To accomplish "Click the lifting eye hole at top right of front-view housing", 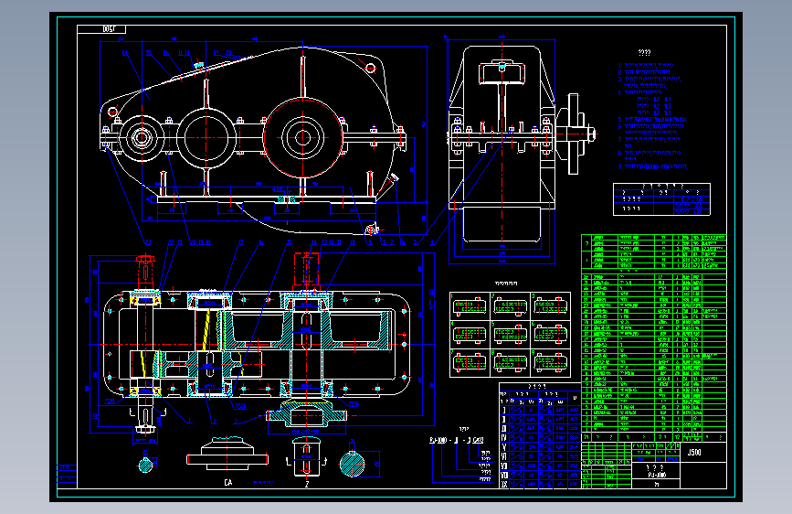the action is (369, 68).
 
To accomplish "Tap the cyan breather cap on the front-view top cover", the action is (198, 64).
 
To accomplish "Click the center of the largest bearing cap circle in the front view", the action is (301, 137).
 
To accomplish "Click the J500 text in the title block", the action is (694, 452).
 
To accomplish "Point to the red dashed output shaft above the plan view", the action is (305, 266).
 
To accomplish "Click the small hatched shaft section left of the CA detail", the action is (147, 464).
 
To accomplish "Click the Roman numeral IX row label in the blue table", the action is (503, 485).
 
